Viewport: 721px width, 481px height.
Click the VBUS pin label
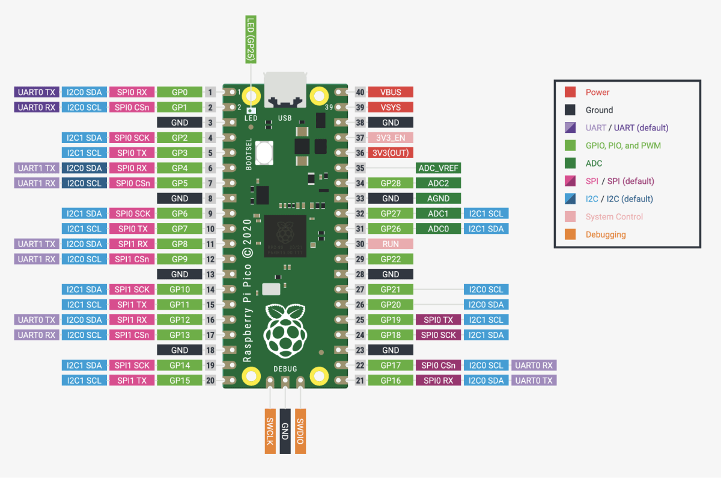click(391, 92)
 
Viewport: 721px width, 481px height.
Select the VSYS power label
click(391, 107)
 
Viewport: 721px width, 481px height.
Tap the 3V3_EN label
click(391, 138)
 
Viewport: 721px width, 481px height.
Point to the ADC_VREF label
click(438, 168)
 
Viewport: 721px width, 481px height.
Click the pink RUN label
click(391, 244)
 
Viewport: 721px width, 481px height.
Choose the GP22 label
click(391, 259)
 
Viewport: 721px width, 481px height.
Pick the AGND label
click(438, 198)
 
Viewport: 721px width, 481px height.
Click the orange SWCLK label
click(270, 431)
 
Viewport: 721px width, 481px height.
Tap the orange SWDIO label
click(300, 431)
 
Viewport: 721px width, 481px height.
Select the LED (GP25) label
click(251, 39)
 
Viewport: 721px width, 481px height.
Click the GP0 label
click(180, 92)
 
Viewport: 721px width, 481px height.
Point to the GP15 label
click(180, 381)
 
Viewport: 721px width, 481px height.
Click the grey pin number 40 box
click(360, 92)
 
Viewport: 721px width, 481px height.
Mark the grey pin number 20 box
click(210, 381)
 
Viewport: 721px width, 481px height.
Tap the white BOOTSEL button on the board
click(264, 153)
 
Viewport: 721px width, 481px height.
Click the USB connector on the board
click(285, 90)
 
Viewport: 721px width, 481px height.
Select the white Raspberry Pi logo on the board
click(285, 331)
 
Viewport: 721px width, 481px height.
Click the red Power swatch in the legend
click(570, 92)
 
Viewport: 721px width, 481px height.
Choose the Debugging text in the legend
click(606, 234)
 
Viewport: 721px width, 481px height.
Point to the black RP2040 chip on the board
click(285, 236)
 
